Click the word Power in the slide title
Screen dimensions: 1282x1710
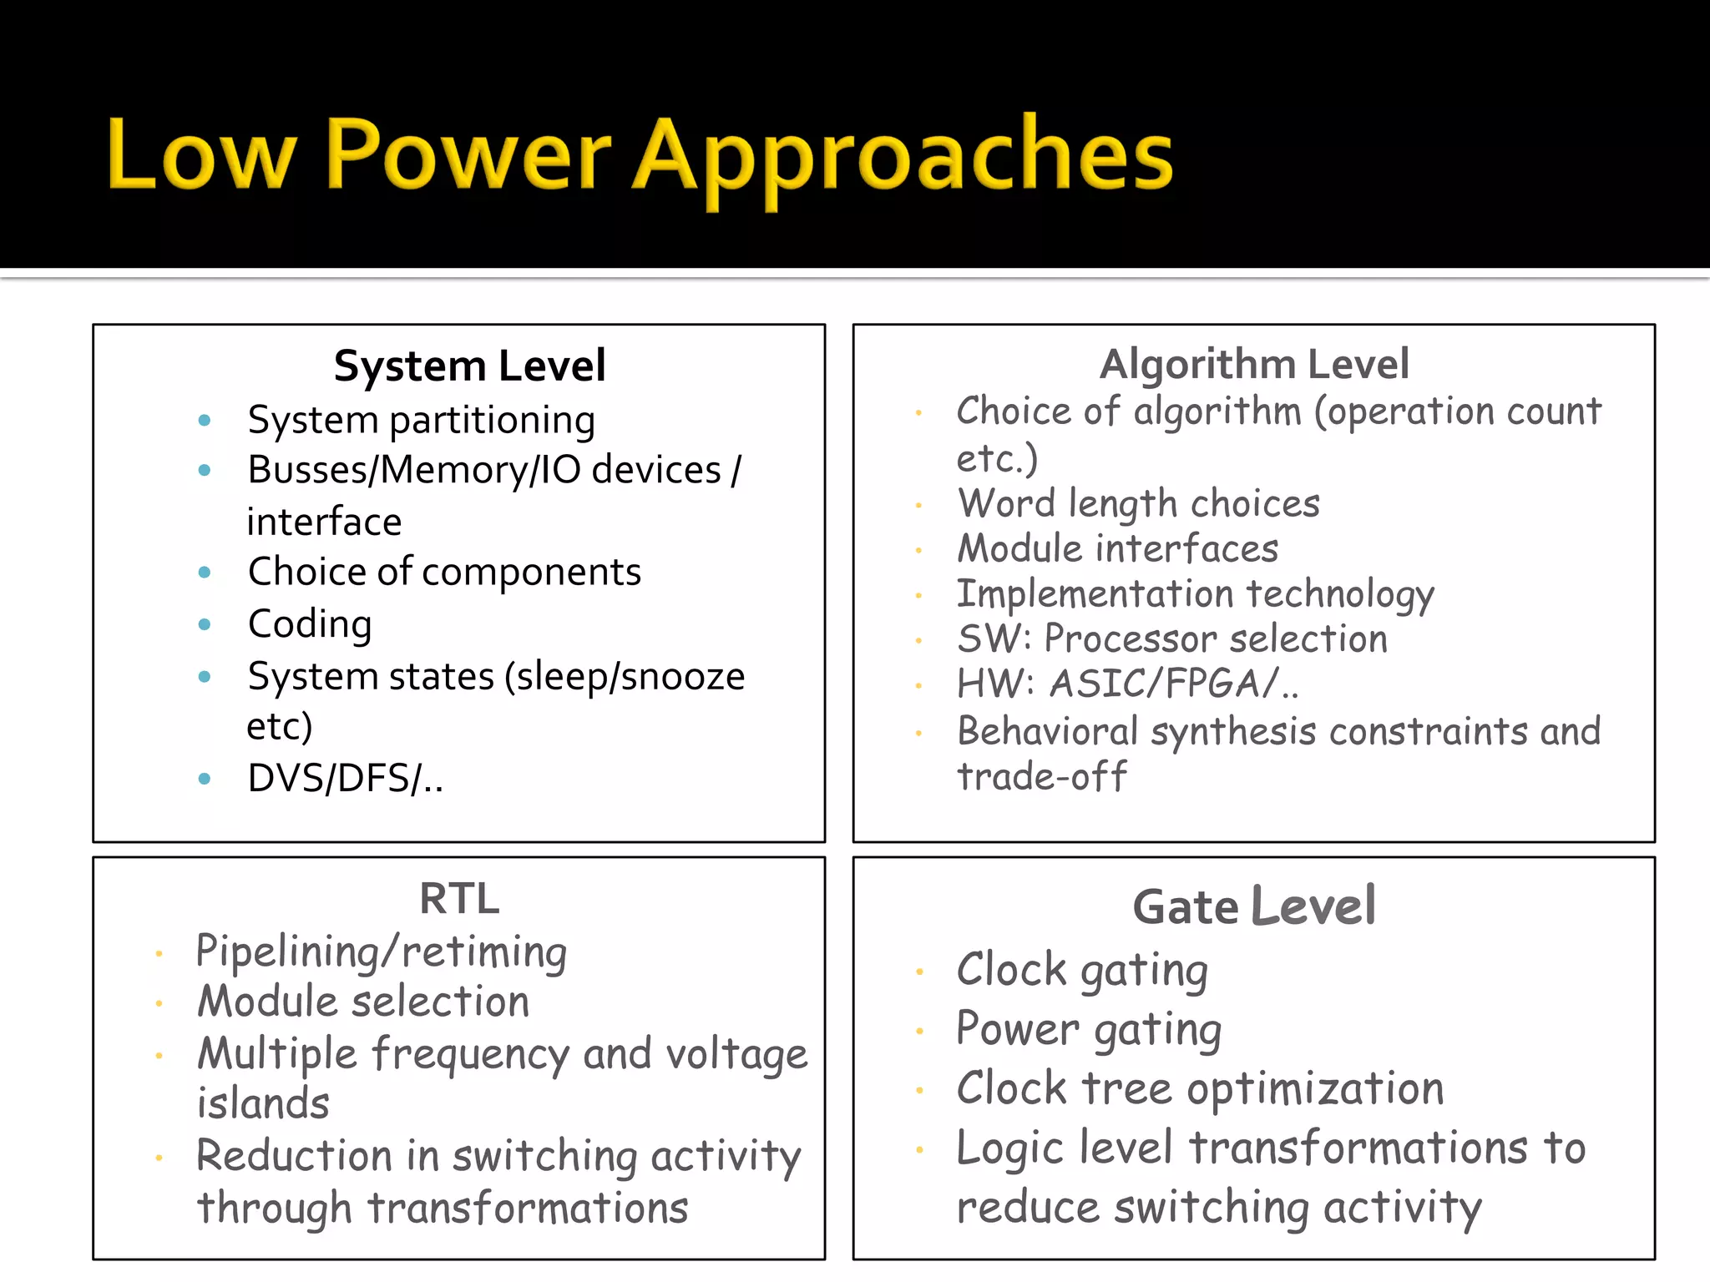pyautogui.click(x=468, y=154)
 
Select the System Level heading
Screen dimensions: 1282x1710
pyautogui.click(x=469, y=366)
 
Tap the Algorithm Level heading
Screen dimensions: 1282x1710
pyautogui.click(x=1254, y=364)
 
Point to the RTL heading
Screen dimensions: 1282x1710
pyautogui.click(x=459, y=899)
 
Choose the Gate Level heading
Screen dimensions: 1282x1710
pyautogui.click(x=1254, y=906)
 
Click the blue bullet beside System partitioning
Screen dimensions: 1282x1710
pyautogui.click(x=205, y=420)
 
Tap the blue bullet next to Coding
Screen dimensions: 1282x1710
pyautogui.click(x=205, y=624)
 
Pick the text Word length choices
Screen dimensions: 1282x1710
pyautogui.click(x=1138, y=503)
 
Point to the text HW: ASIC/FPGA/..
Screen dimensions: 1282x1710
pyautogui.click(x=1127, y=684)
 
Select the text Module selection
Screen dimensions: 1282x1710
pyautogui.click(x=363, y=1001)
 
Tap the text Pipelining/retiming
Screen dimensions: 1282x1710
pyautogui.click(x=381, y=951)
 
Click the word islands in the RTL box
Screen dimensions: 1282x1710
pyautogui.click(x=263, y=1103)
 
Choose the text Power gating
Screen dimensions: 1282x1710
pyautogui.click(x=1089, y=1029)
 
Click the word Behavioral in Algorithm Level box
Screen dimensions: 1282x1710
pyautogui.click(x=1047, y=731)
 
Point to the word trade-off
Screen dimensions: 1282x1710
pyautogui.click(x=1041, y=776)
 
